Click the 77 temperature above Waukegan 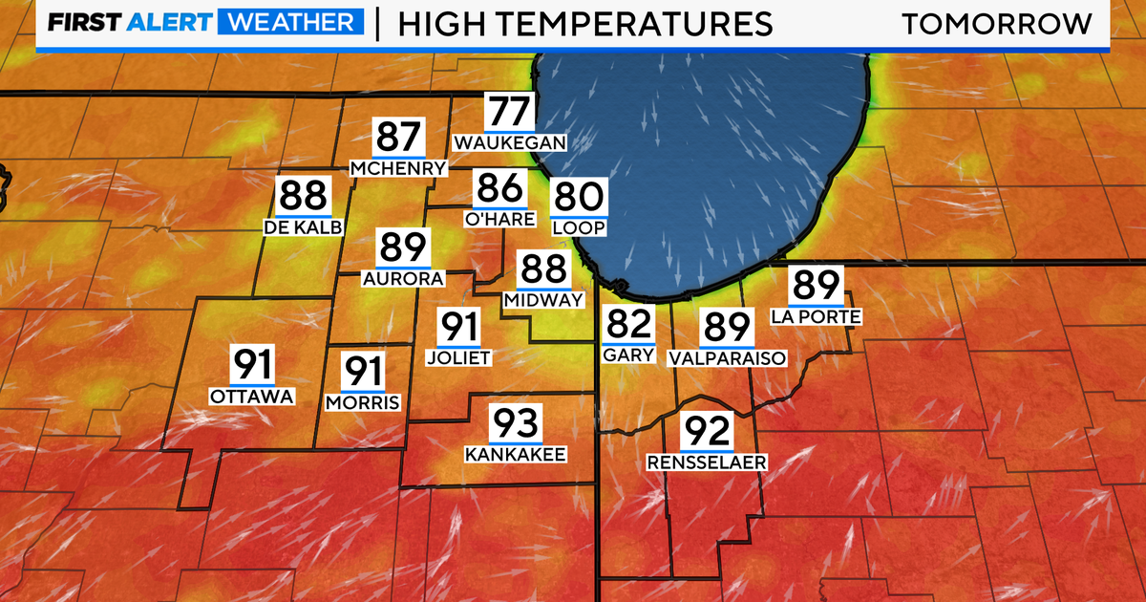pyautogui.click(x=510, y=113)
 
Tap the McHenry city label pyautogui.click(x=398, y=169)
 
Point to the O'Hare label pyautogui.click(x=499, y=219)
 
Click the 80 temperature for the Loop pyautogui.click(x=578, y=199)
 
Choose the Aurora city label pyautogui.click(x=403, y=279)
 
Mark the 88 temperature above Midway pyautogui.click(x=541, y=269)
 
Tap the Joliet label pyautogui.click(x=458, y=357)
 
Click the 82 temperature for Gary pyautogui.click(x=627, y=325)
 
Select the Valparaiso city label pyautogui.click(x=727, y=358)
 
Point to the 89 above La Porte pyautogui.click(x=816, y=286)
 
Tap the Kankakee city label pyautogui.click(x=516, y=454)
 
